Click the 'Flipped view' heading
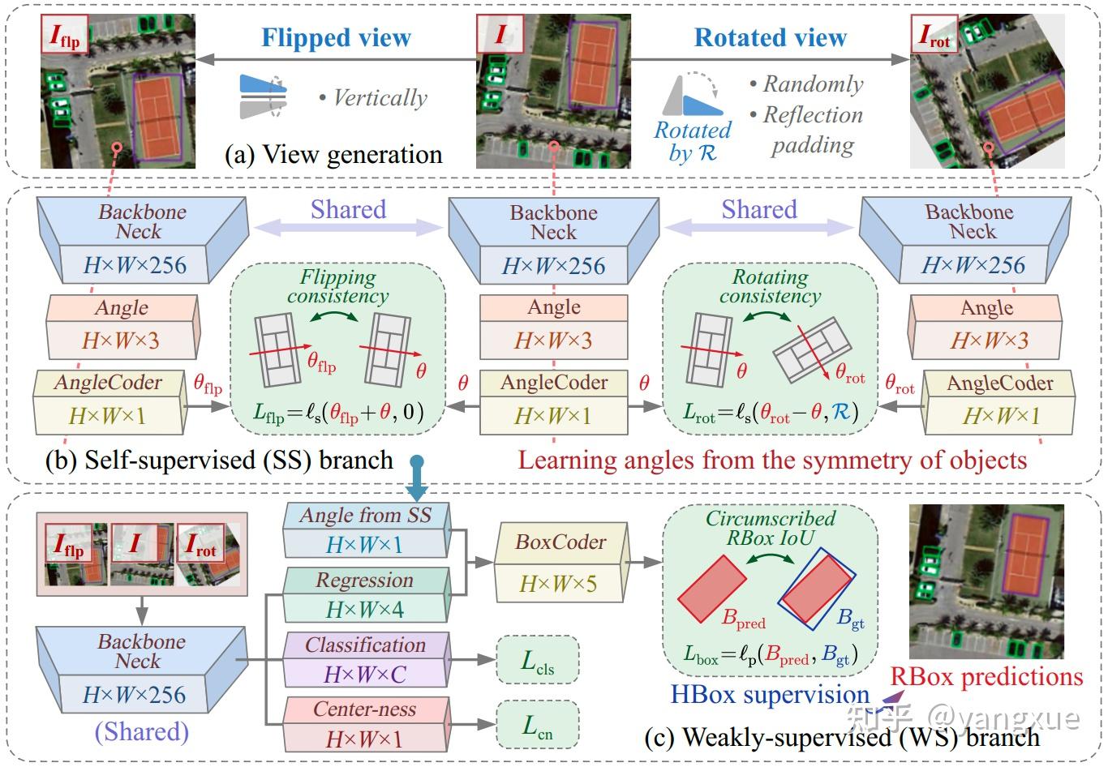[336, 37]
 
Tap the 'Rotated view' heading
[770, 37]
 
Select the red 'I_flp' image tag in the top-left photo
[65, 36]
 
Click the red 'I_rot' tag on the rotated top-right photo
[934, 36]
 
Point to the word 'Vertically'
[380, 98]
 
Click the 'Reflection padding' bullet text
[813, 130]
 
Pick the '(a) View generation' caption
[333, 154]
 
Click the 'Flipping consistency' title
[337, 286]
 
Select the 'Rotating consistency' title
[770, 286]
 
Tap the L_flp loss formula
[337, 413]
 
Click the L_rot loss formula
[770, 413]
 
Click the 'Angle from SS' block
[365, 529]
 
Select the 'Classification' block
[366, 659]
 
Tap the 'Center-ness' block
[365, 724]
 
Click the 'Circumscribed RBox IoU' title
[770, 528]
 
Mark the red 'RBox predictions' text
[986, 677]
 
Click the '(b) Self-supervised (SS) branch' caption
[219, 460]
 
